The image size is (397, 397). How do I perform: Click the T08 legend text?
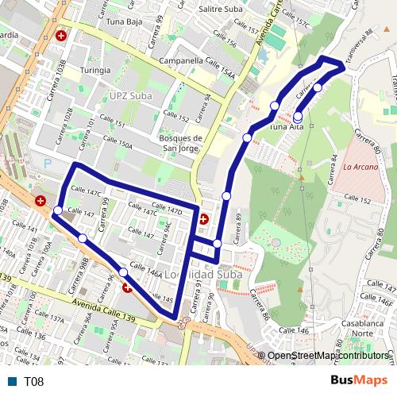pos(34,382)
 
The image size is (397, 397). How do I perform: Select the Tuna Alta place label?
pos(287,126)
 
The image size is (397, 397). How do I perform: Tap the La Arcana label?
pos(360,167)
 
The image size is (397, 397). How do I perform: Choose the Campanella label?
pos(182,60)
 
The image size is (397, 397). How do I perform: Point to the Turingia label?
pos(95,70)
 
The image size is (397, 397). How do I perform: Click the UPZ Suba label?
pos(129,95)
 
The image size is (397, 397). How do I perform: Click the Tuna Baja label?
pos(123,22)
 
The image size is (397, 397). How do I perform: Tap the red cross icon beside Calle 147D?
pos(203,219)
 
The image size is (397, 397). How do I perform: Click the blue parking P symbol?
pos(47,163)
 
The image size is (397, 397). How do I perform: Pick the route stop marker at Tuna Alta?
pos(298,116)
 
